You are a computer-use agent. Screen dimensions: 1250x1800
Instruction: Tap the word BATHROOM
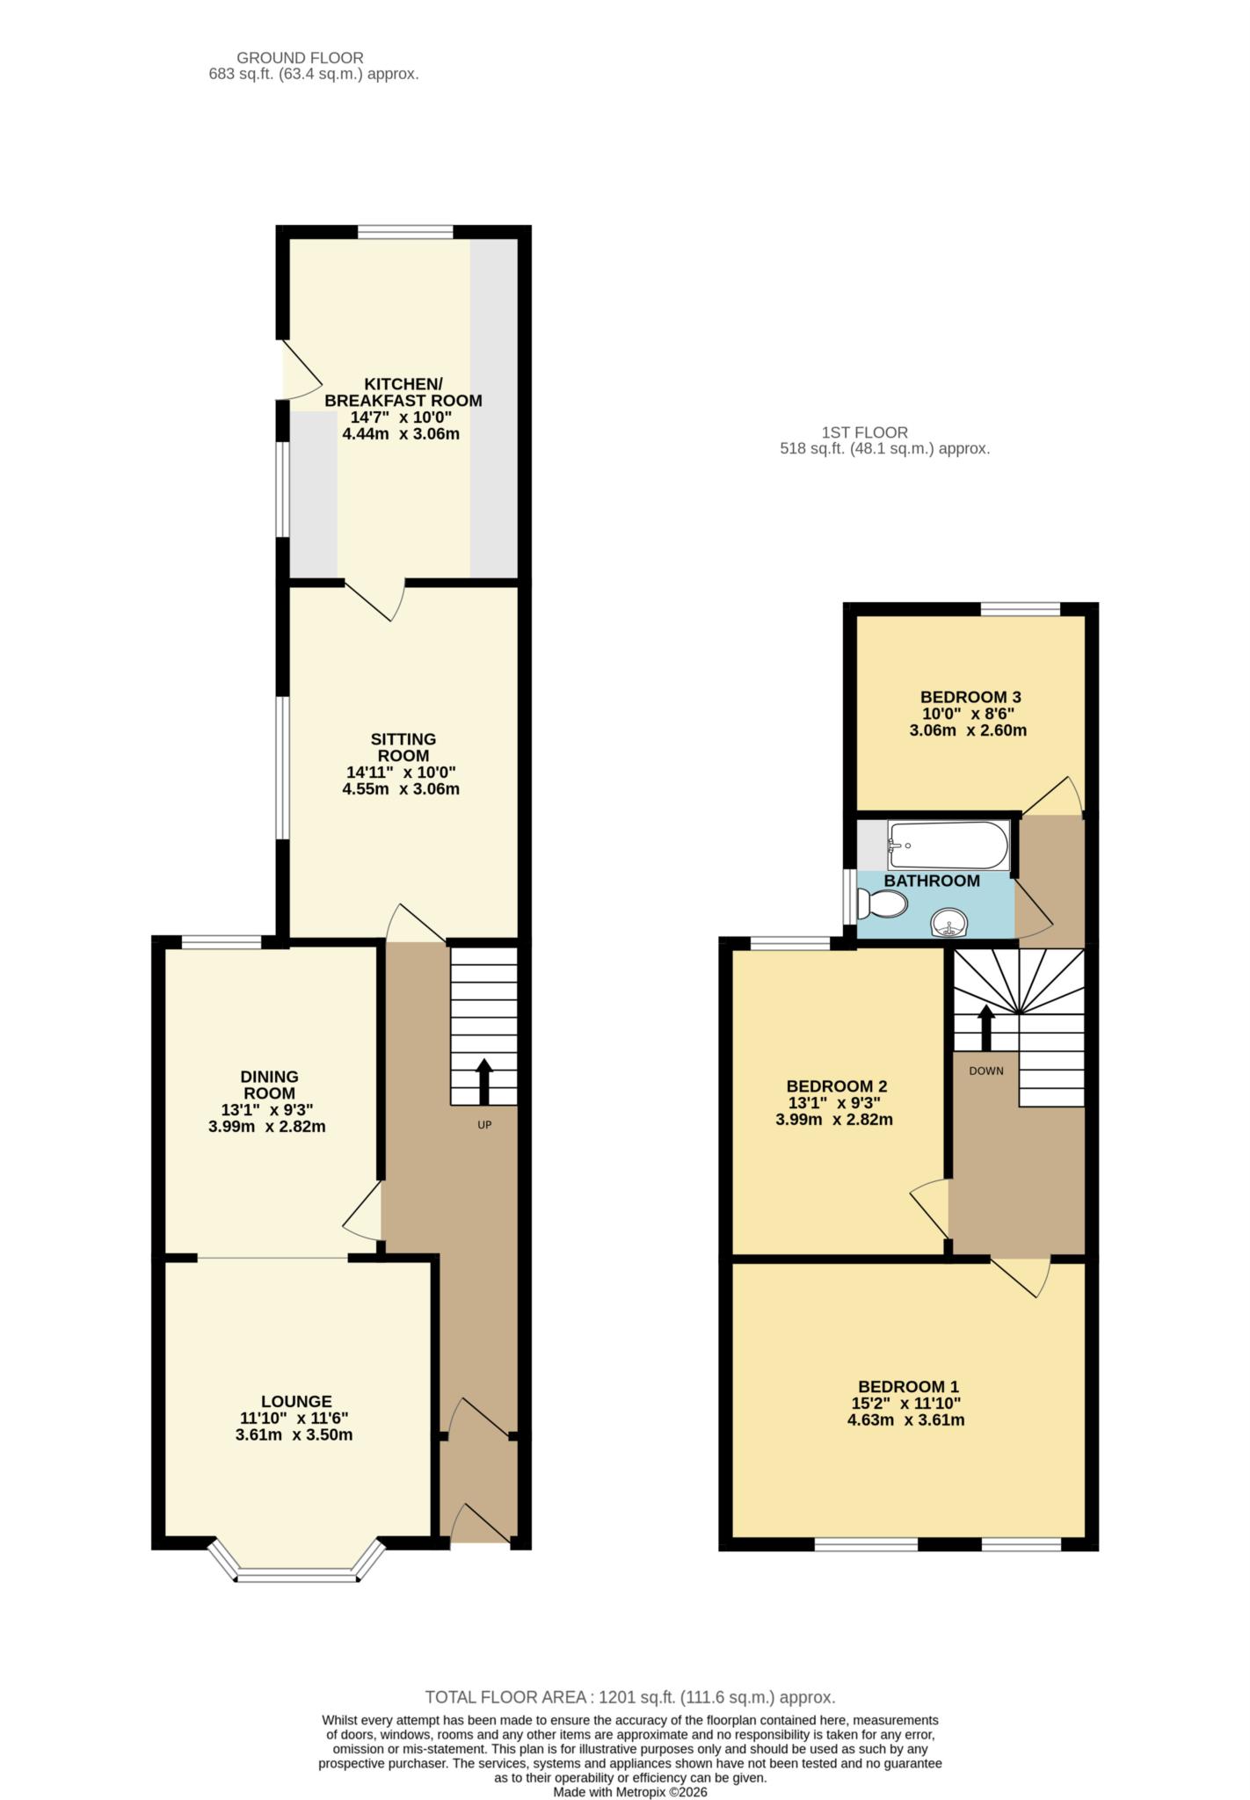pos(932,881)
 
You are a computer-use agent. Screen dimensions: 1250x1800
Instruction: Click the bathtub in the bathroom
pos(948,846)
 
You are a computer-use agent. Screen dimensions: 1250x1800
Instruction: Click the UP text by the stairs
pos(484,1124)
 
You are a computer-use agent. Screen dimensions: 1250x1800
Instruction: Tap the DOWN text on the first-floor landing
pos(986,1071)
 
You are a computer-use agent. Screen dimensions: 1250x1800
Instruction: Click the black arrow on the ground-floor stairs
pos(484,1082)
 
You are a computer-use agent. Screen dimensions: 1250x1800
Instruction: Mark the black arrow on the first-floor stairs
pos(986,1027)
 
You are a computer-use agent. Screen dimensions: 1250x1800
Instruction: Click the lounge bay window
pos(297,1562)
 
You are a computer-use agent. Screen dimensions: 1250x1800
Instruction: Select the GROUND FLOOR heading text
pos(300,58)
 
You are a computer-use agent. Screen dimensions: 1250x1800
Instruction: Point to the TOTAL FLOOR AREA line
pos(630,1697)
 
